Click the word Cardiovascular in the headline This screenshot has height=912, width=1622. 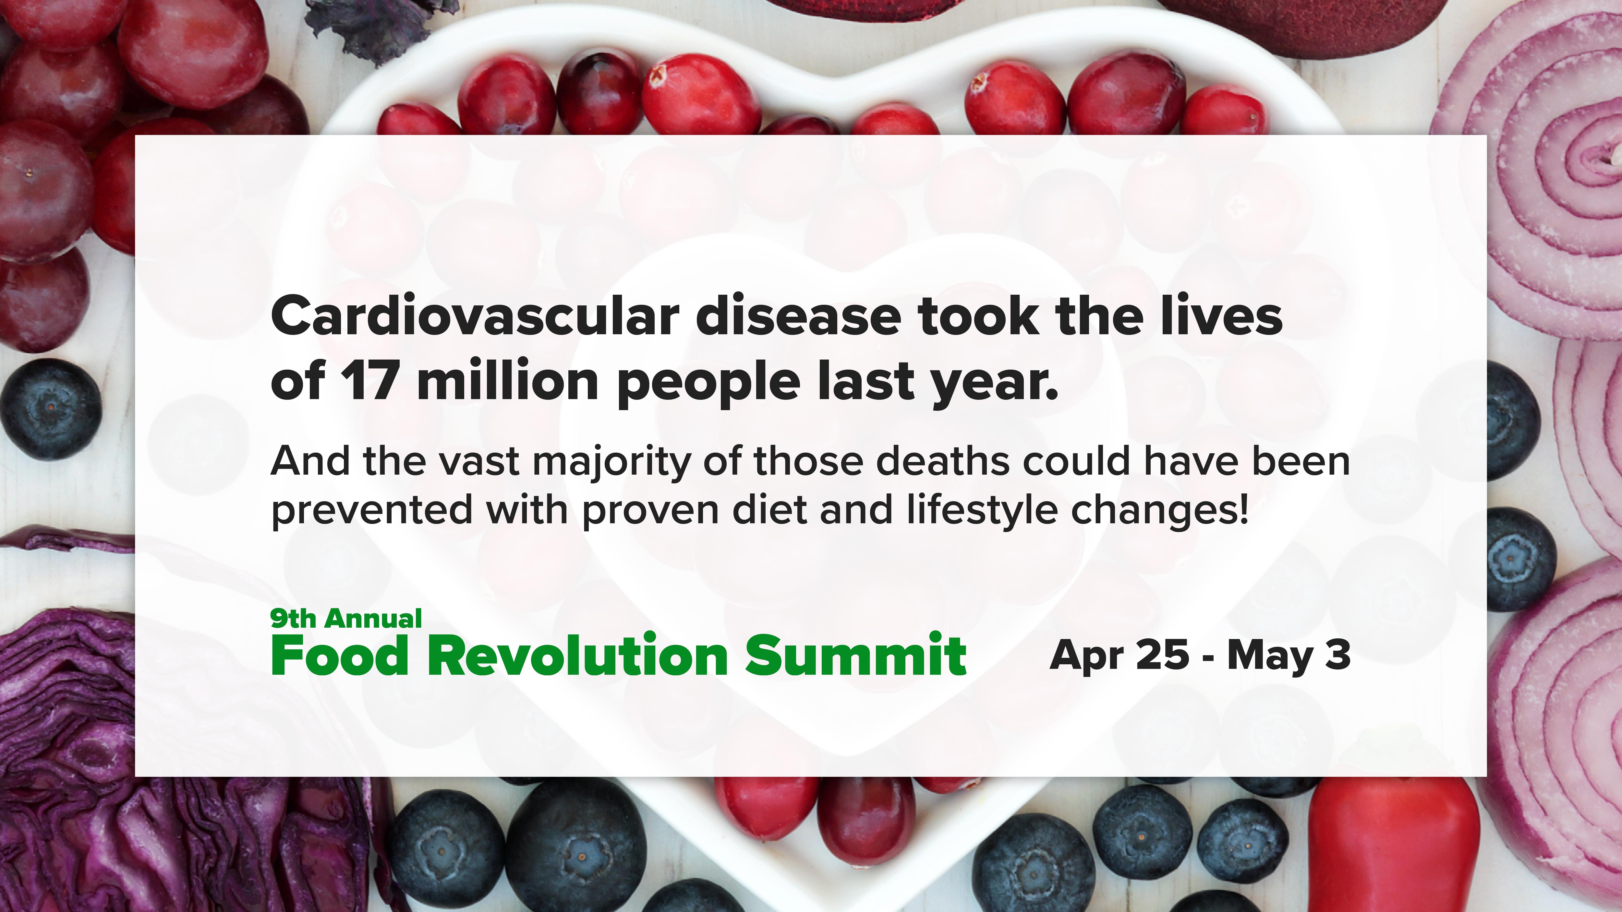point(475,316)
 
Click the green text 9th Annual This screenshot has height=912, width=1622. point(346,619)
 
